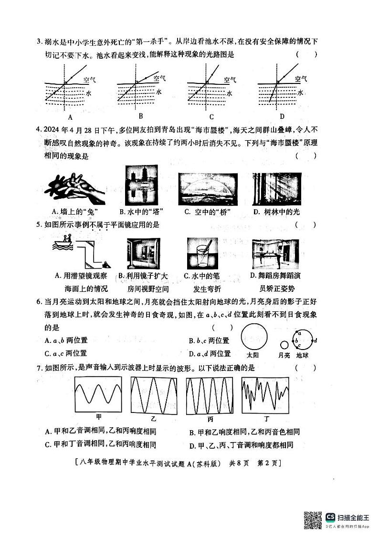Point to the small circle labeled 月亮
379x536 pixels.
pyautogui.click(x=284, y=344)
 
